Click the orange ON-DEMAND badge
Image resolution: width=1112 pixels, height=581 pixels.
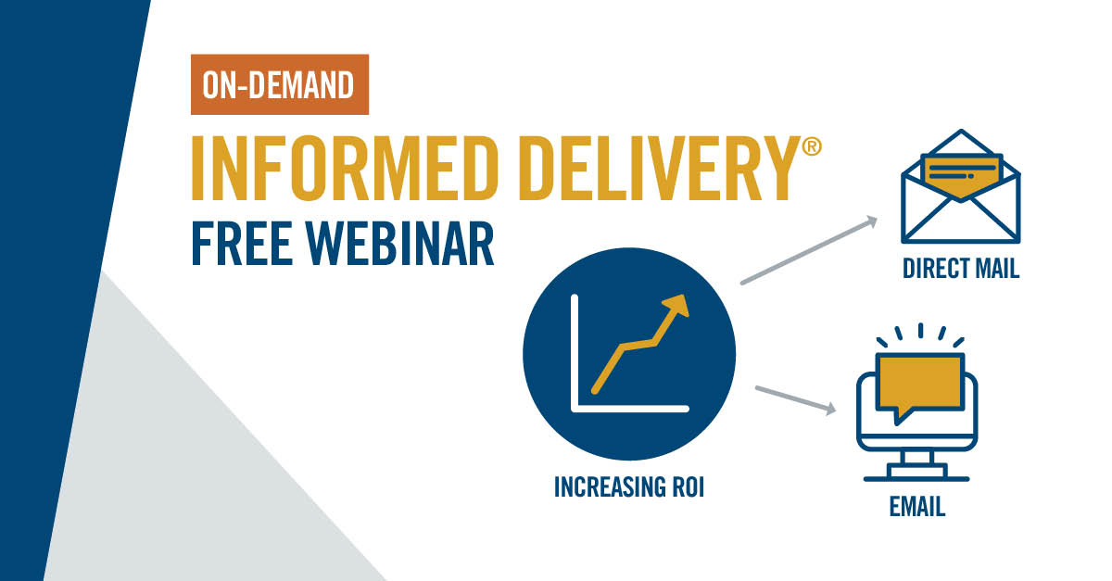tap(280, 85)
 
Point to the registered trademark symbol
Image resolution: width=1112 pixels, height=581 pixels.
tap(811, 148)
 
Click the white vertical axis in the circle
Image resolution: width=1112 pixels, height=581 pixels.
tap(575, 352)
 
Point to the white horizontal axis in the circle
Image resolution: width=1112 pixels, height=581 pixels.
tap(630, 408)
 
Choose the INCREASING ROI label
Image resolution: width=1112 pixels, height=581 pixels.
tap(629, 486)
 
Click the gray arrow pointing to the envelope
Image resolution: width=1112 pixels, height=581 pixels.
tap(808, 250)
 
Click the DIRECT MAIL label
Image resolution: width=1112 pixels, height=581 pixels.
tap(961, 270)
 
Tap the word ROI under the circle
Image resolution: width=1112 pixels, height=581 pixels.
tap(685, 486)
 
